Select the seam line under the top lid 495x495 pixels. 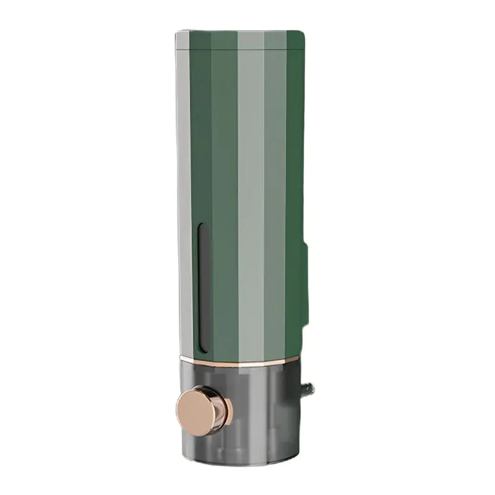pyautogui.click(x=241, y=49)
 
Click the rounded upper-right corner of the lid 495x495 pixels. pyautogui.click(x=301, y=34)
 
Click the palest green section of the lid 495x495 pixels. pyautogui.click(x=251, y=40)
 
